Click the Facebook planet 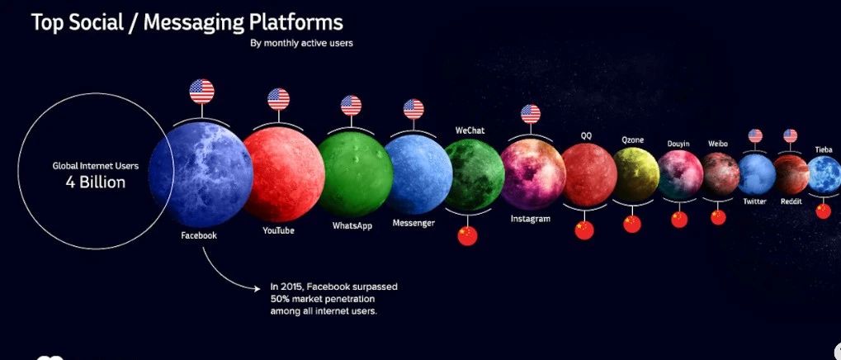pyautogui.click(x=201, y=174)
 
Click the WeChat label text pyautogui.click(x=470, y=130)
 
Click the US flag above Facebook pyautogui.click(x=201, y=91)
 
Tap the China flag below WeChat pyautogui.click(x=468, y=235)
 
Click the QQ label pyautogui.click(x=586, y=136)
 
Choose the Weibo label pyautogui.click(x=718, y=144)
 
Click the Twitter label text pyautogui.click(x=754, y=201)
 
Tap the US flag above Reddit pyautogui.click(x=790, y=135)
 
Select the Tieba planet pyautogui.click(x=824, y=174)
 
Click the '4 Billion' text pyautogui.click(x=96, y=182)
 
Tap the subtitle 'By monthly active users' pyautogui.click(x=301, y=43)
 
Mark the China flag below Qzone pyautogui.click(x=632, y=224)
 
